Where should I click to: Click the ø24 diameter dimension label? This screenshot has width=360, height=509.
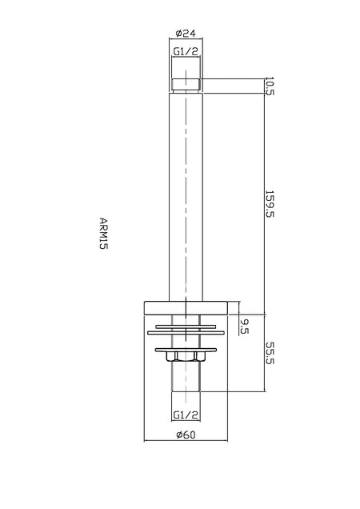click(186, 33)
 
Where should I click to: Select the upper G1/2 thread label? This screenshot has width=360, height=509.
click(186, 51)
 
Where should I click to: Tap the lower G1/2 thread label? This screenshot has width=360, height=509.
click(186, 415)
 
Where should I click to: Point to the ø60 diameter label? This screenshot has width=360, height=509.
click(186, 435)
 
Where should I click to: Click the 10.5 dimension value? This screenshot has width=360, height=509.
click(270, 86)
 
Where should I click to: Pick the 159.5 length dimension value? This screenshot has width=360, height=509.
click(270, 204)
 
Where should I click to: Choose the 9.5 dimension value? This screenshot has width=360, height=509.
click(244, 327)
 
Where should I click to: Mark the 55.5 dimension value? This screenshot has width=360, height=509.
click(270, 353)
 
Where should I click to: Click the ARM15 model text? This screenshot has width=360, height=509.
click(103, 233)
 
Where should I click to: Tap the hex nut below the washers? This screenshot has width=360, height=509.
click(186, 356)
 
